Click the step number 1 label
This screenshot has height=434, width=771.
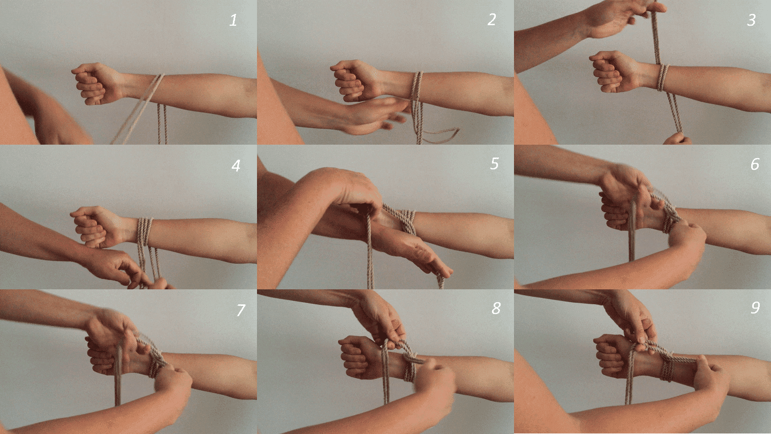coord(233,20)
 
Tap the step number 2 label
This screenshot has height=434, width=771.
coord(492,20)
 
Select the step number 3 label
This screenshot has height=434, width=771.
coord(751,20)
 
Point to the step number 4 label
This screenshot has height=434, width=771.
coord(236,166)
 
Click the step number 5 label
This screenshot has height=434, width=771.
coord(494,163)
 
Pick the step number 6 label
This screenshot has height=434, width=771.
coord(754,164)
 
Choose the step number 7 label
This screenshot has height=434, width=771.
coord(240,310)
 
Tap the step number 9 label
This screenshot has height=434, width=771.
coord(755,308)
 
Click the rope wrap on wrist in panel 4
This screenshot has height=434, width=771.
coord(144,231)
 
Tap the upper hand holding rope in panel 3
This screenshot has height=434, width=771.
coord(621,16)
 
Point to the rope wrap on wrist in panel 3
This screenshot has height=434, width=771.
coord(663,78)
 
